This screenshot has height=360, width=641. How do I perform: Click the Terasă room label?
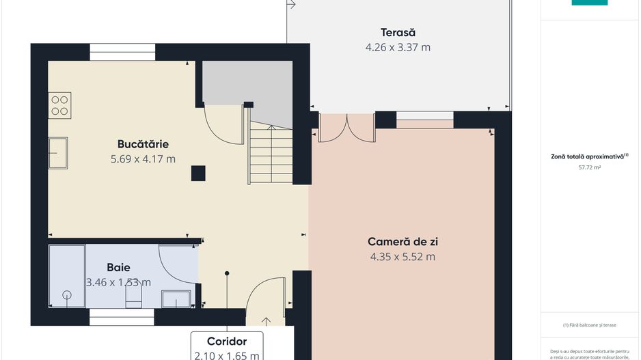click(398, 32)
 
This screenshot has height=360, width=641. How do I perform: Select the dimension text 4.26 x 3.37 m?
click(398, 48)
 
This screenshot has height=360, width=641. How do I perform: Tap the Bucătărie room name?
click(143, 144)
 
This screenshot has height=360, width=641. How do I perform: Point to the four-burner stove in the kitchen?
click(59, 105)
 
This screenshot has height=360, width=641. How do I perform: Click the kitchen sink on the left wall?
click(58, 152)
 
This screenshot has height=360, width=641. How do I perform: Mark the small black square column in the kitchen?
click(198, 174)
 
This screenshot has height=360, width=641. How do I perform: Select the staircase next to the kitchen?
click(271, 155)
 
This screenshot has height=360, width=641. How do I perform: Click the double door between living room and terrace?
click(347, 128)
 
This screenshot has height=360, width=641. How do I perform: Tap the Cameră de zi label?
click(403, 242)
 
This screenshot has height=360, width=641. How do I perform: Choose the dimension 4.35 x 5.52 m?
click(403, 258)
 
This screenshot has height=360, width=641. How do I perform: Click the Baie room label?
click(118, 267)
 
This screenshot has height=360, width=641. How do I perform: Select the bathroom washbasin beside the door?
click(176, 299)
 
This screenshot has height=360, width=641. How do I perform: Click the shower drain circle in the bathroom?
click(67, 295)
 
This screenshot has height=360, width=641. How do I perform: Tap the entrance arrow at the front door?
click(266, 320)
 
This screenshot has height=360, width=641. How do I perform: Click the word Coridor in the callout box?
click(226, 341)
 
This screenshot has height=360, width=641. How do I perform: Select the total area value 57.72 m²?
click(589, 166)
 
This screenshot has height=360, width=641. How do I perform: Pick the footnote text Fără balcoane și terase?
click(589, 325)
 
